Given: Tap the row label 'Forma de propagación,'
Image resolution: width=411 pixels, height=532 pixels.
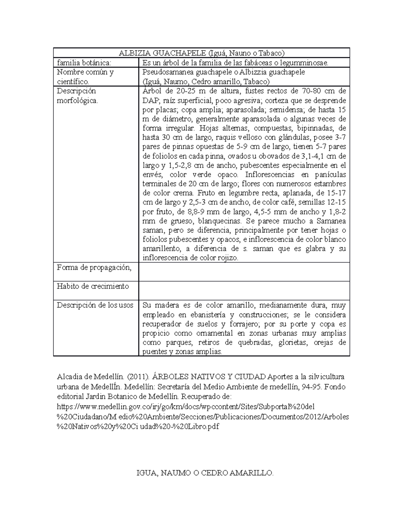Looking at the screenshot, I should click(x=94, y=268).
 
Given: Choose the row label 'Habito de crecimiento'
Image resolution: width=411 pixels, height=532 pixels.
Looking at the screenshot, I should click(x=92, y=286).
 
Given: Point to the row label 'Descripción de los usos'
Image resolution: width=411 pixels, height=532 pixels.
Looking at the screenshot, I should click(x=95, y=305).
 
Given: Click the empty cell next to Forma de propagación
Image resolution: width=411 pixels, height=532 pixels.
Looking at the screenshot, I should click(x=244, y=272).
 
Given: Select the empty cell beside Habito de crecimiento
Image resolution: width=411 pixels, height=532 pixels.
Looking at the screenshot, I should click(x=244, y=290).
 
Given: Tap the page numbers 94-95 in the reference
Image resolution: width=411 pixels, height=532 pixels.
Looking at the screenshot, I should click(x=313, y=387).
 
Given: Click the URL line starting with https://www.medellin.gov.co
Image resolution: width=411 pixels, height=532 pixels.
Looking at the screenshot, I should click(x=185, y=407).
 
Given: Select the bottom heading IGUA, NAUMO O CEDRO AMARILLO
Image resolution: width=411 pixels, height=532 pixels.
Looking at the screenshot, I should click(x=205, y=473).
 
